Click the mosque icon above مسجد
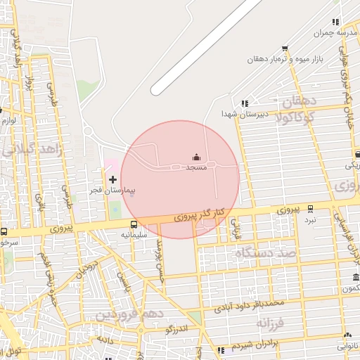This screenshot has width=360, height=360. pyautogui.click(x=196, y=157)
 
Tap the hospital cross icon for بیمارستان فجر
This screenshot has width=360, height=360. pyautogui.click(x=112, y=180)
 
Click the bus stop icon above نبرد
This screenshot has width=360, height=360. pyautogui.click(x=311, y=208)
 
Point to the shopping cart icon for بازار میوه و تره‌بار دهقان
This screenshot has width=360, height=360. pyautogui.click(x=285, y=49)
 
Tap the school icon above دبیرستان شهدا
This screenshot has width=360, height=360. pyautogui.click(x=245, y=103)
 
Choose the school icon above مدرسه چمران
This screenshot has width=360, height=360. pyautogui.click(x=335, y=22)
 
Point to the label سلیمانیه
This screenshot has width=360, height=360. pyautogui.click(x=134, y=234)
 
